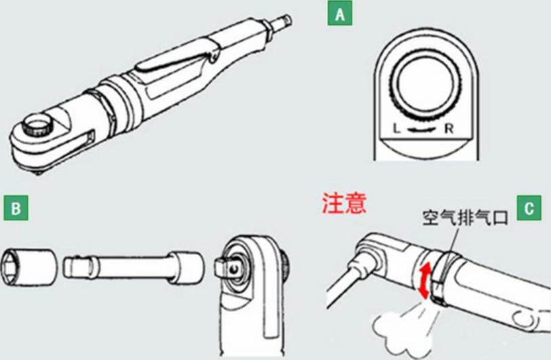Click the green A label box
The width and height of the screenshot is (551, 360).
tap(339, 14)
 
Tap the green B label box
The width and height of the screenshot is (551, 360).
tap(15, 209)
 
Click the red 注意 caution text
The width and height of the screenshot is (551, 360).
tap(344, 203)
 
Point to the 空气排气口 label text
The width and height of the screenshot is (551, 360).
tap(465, 218)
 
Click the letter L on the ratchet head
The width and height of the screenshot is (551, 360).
tap(397, 127)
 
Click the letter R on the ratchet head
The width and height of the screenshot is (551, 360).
tap(449, 127)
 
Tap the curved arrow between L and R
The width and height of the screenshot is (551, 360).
tap(423, 129)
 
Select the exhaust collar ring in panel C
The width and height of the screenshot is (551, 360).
tap(440, 277)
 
